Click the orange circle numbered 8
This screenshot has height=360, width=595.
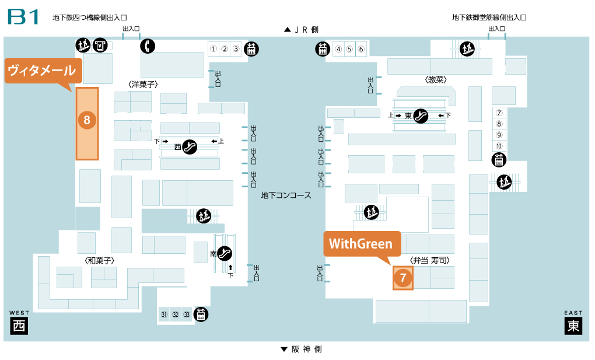coord(87,120)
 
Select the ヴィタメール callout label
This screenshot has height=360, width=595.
coord(41,71)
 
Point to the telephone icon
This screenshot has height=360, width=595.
coord(146,46)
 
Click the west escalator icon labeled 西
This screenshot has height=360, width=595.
coord(189,147)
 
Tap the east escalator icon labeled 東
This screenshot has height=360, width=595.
coord(420,116)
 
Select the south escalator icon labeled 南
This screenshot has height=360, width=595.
coord(225,254)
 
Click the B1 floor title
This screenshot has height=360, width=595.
coord(23,16)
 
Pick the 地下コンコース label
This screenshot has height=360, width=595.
coord(286,195)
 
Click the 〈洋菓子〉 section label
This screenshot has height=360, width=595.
coord(143,85)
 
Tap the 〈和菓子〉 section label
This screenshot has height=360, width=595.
coord(99,260)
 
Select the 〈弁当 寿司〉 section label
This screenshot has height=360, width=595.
coord(432,260)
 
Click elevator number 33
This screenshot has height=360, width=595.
coord(187,315)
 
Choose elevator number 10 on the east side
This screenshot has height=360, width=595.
coord(499,146)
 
